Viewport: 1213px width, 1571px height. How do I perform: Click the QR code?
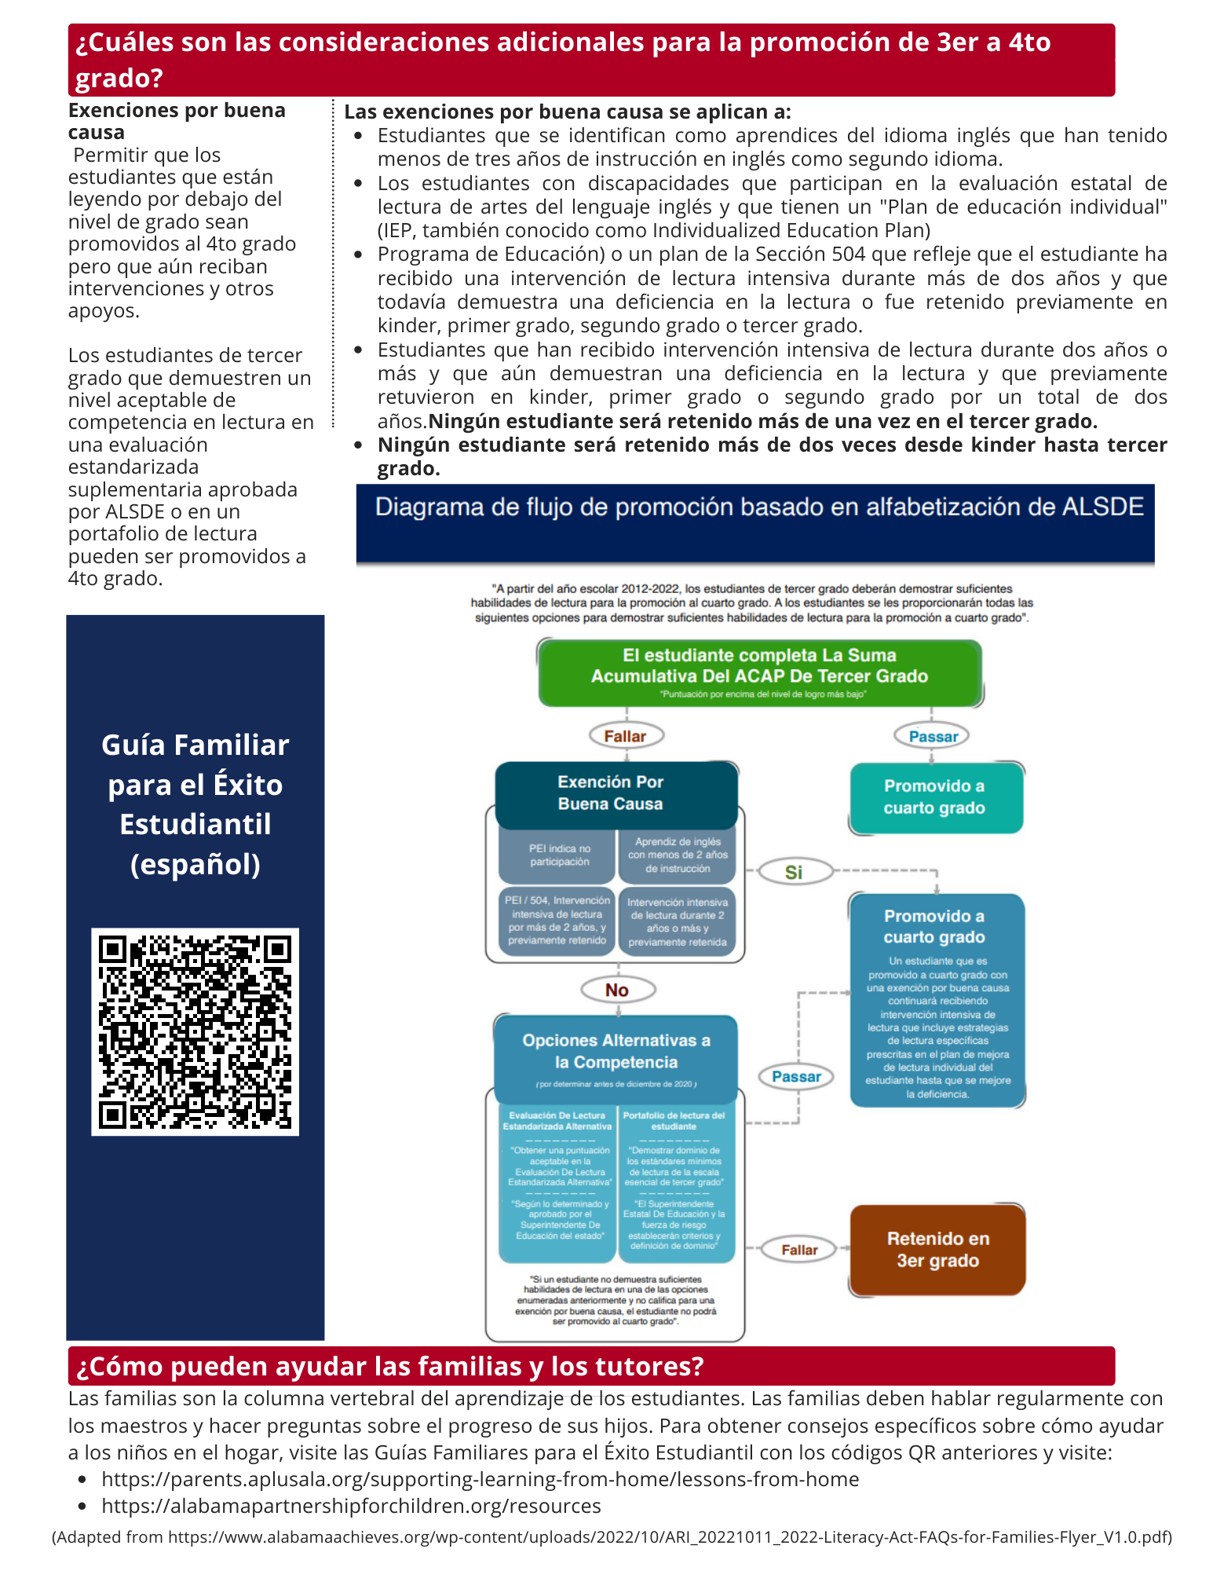(195, 1031)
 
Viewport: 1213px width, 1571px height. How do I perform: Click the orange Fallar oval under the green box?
(626, 736)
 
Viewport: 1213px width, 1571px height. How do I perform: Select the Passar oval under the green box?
(933, 736)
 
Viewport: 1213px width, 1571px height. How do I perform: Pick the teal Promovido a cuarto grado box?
(935, 796)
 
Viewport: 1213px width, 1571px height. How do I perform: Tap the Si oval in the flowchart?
(793, 872)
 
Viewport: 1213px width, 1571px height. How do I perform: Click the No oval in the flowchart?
(617, 990)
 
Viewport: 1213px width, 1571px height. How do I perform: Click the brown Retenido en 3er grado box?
(937, 1250)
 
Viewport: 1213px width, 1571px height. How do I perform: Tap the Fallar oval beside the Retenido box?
(799, 1250)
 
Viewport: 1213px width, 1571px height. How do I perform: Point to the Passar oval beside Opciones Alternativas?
(796, 1077)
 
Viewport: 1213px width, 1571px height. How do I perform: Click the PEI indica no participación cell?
(559, 855)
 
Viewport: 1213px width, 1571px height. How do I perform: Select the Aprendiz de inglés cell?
(678, 855)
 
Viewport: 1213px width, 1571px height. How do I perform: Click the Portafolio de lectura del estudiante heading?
(674, 1121)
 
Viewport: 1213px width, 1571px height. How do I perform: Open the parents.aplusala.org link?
(480, 1479)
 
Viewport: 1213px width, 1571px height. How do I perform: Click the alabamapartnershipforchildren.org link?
(351, 1506)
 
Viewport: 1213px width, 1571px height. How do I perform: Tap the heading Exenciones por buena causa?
(177, 121)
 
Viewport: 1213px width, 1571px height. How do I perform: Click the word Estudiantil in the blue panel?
(195, 824)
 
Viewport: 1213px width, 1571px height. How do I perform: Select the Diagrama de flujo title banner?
(758, 507)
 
